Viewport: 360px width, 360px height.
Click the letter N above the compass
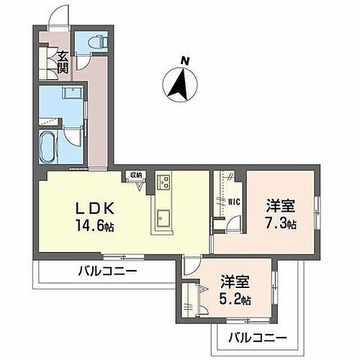coord(185,61)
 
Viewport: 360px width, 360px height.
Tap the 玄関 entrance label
coord(63,63)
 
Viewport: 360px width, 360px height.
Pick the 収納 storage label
coord(135,175)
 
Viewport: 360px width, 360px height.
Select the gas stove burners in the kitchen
coord(163,181)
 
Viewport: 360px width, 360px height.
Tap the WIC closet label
coord(234,202)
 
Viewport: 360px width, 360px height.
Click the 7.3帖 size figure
coord(279,223)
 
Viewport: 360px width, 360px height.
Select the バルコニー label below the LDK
coord(107,271)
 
